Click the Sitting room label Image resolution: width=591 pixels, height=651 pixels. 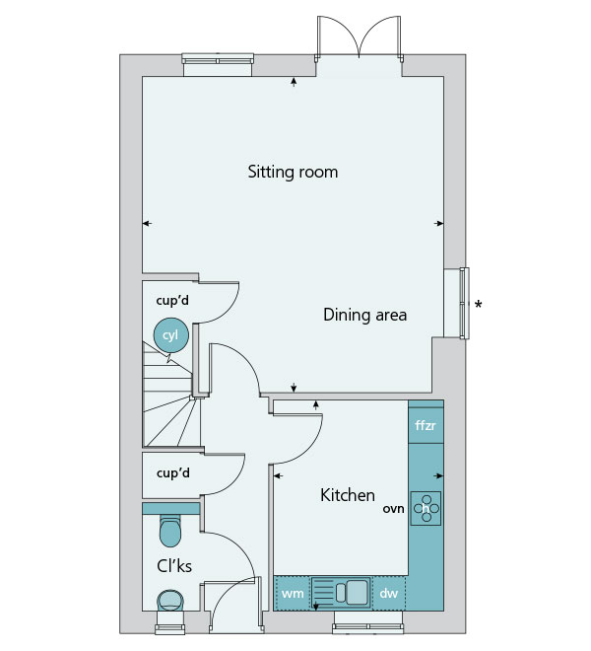click(293, 172)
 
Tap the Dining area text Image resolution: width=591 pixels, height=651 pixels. click(365, 315)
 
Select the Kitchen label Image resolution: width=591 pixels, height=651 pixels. click(348, 495)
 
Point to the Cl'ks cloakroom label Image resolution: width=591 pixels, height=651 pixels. click(174, 566)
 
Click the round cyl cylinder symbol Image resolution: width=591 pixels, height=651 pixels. click(170, 335)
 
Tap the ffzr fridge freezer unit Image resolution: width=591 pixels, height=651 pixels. click(426, 425)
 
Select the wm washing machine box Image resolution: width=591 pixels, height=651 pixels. click(293, 593)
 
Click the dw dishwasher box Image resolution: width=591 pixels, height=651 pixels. click(389, 593)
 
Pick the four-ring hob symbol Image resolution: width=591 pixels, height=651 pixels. click(426, 509)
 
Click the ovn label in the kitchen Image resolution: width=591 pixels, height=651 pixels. click(393, 509)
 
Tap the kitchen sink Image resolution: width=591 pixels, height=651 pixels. click(341, 593)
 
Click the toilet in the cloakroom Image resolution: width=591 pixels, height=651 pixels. click(170, 531)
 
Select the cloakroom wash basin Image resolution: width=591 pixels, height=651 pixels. click(170, 601)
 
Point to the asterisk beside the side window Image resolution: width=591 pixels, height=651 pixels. click(479, 305)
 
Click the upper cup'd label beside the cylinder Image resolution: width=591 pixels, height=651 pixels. click(172, 300)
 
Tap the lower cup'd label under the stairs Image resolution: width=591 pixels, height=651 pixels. click(173, 472)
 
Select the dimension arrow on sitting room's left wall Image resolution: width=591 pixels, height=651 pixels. click(147, 223)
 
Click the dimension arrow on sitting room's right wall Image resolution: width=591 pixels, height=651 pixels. click(438, 223)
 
